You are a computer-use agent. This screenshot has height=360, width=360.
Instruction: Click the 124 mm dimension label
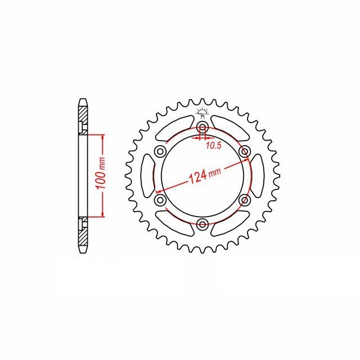[x=205, y=175]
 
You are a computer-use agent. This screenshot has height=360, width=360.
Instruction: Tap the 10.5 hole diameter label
[x=213, y=145]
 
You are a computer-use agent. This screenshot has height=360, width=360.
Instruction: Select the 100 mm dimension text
[x=101, y=173]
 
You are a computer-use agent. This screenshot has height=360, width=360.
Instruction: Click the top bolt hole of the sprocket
[x=202, y=127]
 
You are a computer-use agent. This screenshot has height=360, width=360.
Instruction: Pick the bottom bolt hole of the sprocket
[x=202, y=223]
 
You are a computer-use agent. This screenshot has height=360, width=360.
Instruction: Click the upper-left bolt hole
[x=160, y=151]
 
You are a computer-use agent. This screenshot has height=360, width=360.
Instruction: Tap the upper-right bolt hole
[x=245, y=151]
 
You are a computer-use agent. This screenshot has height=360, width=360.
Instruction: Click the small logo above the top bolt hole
[x=202, y=112]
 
